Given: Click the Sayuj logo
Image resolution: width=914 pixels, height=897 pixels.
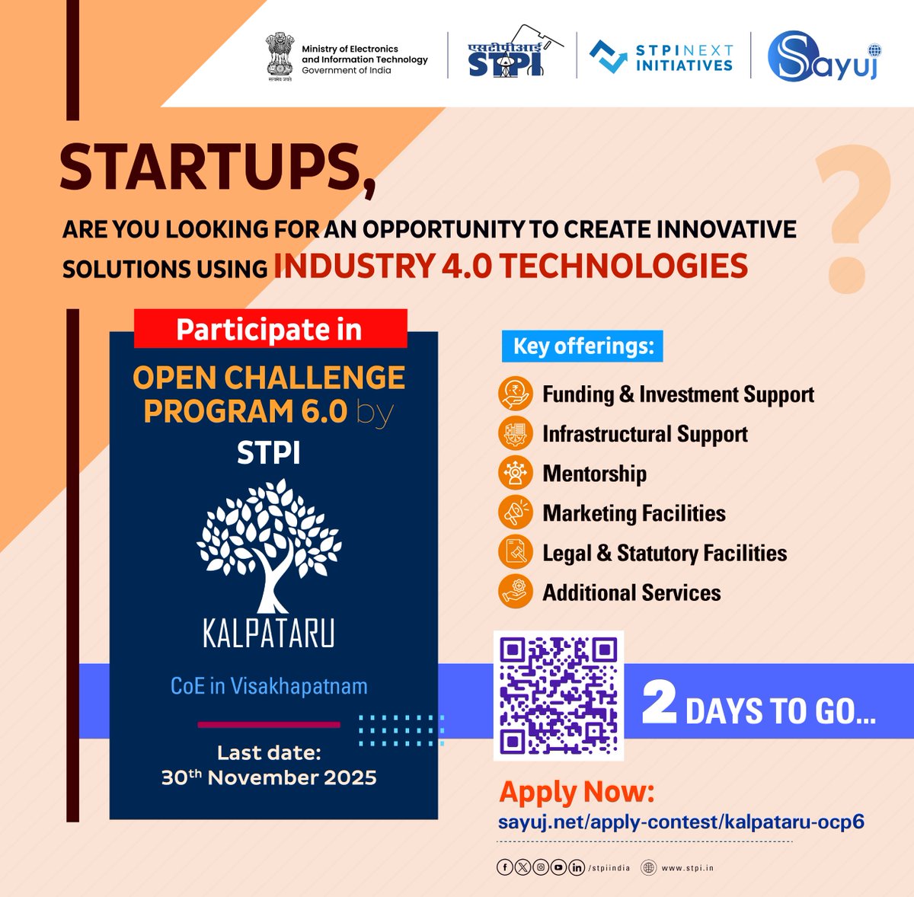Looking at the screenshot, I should pyautogui.click(x=823, y=55).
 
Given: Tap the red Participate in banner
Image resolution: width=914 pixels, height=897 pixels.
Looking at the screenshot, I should pyautogui.click(x=270, y=329).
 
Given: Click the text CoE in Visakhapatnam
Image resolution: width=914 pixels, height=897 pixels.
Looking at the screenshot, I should pyautogui.click(x=269, y=686).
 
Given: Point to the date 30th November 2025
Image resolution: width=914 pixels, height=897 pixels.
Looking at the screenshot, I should pyautogui.click(x=269, y=777).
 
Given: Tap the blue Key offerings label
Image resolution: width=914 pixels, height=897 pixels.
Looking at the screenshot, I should pyautogui.click(x=583, y=346).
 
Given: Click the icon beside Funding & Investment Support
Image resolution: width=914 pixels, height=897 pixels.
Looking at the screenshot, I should pyautogui.click(x=516, y=394).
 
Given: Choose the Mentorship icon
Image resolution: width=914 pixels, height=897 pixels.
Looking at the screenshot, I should pyautogui.click(x=516, y=473).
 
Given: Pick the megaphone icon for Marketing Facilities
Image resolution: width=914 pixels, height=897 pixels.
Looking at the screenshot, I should pyautogui.click(x=516, y=512).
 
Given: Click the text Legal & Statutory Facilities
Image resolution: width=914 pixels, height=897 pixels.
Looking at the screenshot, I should pyautogui.click(x=664, y=553).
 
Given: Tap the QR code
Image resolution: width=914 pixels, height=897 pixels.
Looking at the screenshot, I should pyautogui.click(x=558, y=695).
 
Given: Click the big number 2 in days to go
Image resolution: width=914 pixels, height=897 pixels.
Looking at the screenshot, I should pyautogui.click(x=659, y=704).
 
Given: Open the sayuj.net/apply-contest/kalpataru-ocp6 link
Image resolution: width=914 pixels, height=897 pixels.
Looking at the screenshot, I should pyautogui.click(x=681, y=822).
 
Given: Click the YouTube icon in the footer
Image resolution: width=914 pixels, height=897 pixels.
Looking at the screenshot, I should pyautogui.click(x=559, y=867).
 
